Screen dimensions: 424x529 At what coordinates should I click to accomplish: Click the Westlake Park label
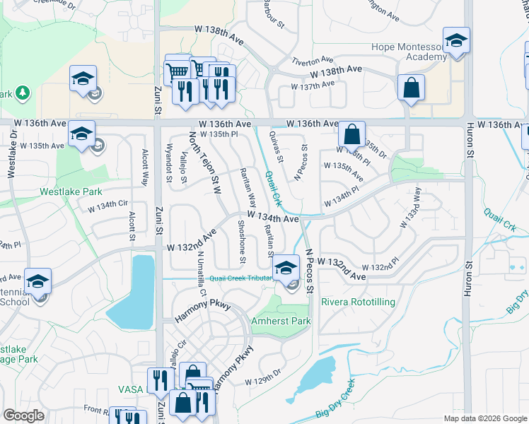pyautogui.click(x=71, y=192)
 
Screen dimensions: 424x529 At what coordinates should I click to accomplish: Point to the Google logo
pyautogui.click(x=23, y=416)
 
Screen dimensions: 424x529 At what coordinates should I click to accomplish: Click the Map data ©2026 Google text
pyautogui.click(x=484, y=418)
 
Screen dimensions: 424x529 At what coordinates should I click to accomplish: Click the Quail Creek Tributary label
pyautogui.click(x=231, y=278)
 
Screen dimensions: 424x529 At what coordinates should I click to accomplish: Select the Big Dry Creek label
pyautogui.click(x=335, y=400)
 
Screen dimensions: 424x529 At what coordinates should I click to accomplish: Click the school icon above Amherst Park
pyautogui.click(x=286, y=268)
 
